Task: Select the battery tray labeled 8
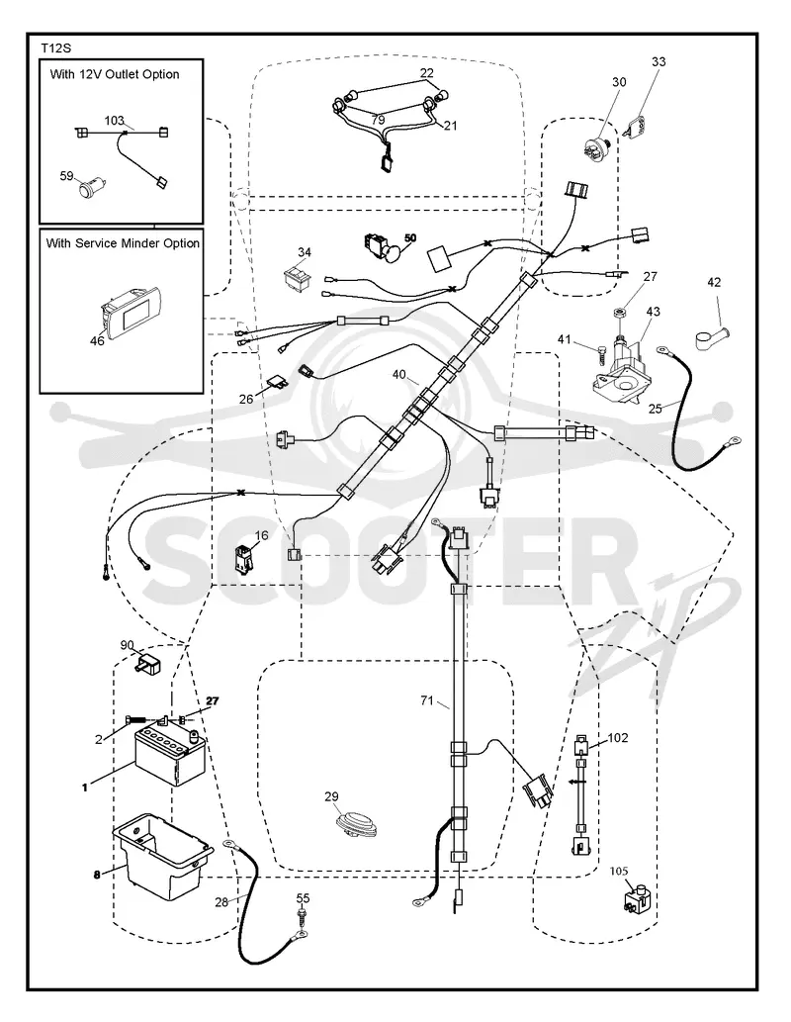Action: pos(162,855)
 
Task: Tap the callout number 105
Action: pos(619,871)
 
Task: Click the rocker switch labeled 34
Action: pos(299,275)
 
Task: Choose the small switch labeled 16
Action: pos(244,559)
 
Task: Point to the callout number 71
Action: pos(427,700)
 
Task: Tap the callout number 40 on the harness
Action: pos(398,375)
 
